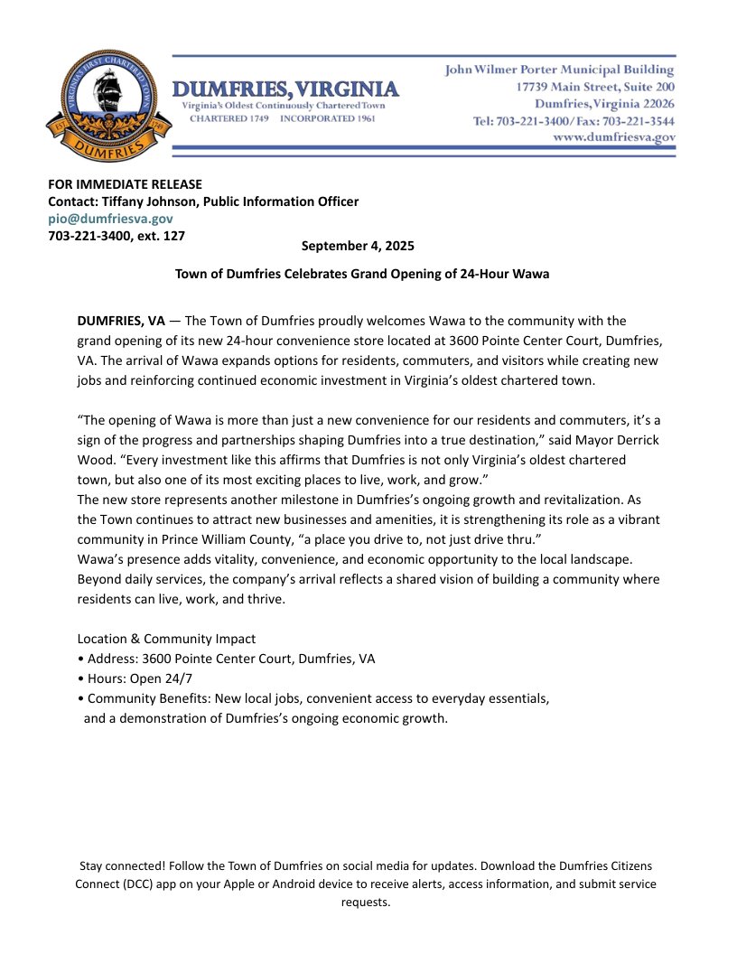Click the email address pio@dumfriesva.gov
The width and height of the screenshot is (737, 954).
[110, 219]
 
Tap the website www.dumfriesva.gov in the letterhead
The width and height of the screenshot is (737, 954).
[614, 137]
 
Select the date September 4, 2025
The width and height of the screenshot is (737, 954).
[358, 246]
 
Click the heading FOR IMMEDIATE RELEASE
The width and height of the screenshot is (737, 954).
[125, 184]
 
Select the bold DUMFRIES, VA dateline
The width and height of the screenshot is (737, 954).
[121, 321]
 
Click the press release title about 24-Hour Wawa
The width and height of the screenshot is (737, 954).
[362, 273]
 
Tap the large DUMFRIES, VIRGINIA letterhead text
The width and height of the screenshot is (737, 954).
[285, 90]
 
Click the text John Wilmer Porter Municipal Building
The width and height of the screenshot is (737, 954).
[560, 70]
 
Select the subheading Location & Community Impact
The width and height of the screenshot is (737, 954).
[166, 639]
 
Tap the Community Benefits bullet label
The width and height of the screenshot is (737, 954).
[145, 698]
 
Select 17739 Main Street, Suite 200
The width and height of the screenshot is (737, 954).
[595, 87]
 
